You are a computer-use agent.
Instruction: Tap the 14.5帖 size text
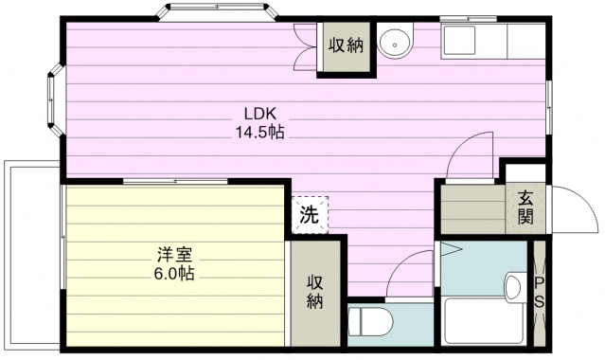click(x=260, y=133)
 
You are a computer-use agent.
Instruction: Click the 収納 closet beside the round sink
click(x=345, y=45)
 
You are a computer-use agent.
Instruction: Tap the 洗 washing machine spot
click(x=310, y=214)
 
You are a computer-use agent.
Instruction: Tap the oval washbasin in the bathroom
click(x=515, y=286)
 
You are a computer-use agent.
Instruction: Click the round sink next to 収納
click(x=394, y=43)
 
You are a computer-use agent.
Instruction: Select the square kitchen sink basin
click(x=460, y=42)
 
